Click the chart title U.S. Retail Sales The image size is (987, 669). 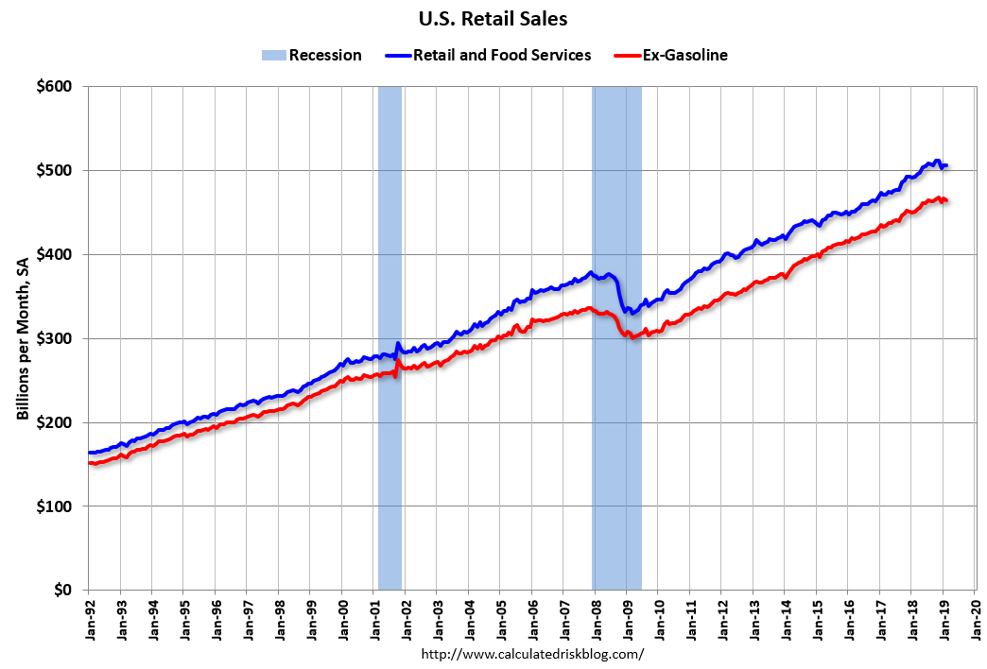(493, 19)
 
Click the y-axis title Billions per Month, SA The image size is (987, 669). (23, 338)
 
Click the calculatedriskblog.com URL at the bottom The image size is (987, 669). (531, 654)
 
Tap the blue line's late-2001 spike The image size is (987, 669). (398, 343)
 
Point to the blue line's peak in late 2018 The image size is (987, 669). (937, 161)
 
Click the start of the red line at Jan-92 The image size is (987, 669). (89, 463)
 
